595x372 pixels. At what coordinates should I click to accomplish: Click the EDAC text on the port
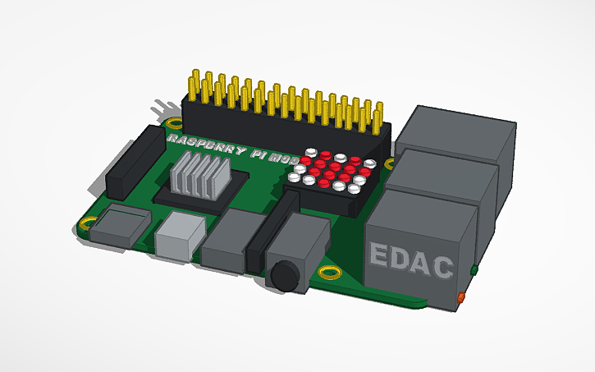(411, 261)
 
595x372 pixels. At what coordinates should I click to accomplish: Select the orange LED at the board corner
(461, 295)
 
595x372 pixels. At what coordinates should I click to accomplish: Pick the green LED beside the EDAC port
(474, 269)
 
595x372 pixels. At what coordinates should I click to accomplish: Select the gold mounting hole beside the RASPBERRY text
(174, 124)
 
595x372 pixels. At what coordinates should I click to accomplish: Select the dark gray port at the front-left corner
(119, 225)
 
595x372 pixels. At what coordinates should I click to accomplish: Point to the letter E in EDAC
(380, 257)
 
